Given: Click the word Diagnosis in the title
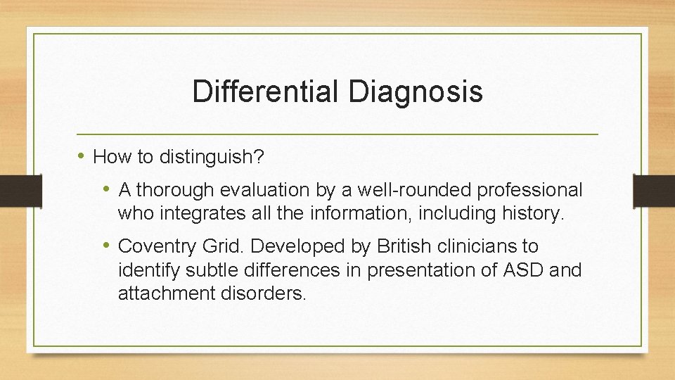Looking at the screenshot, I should [x=414, y=92].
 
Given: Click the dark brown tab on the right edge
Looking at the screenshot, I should [x=654, y=191].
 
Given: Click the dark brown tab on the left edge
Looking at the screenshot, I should [x=12, y=191].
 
